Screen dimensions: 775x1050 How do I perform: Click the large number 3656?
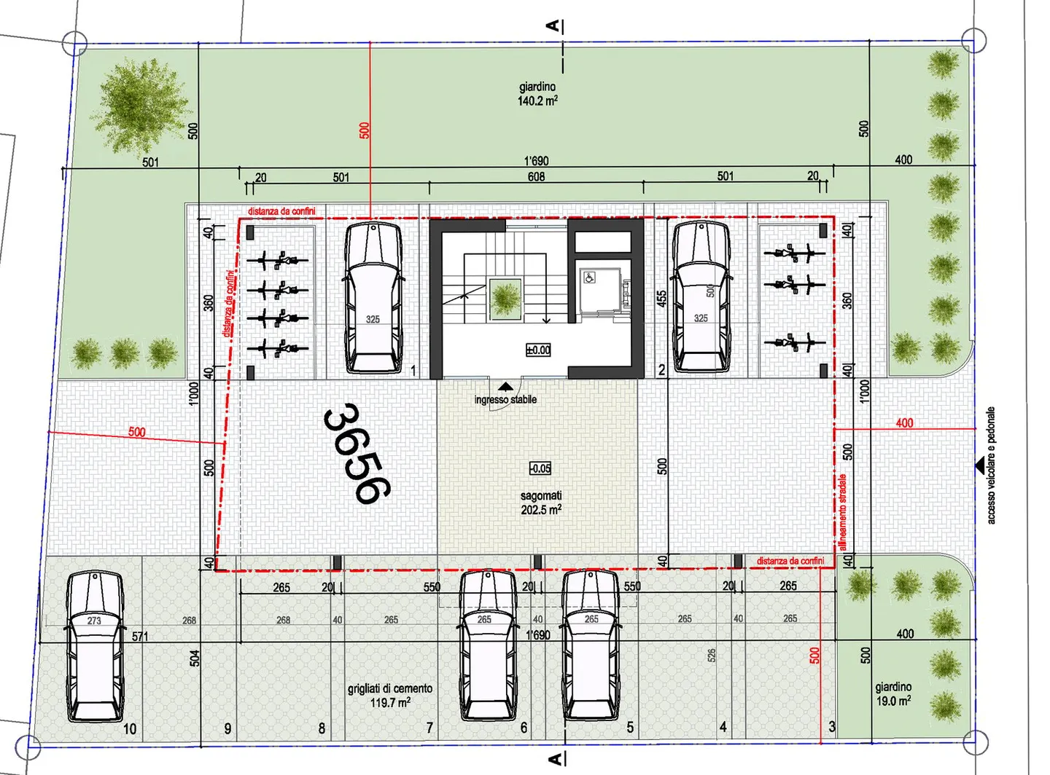pos(357,455)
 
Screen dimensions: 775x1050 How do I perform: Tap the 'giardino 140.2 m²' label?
pos(537,94)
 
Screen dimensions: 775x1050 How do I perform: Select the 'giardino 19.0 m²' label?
pos(893,693)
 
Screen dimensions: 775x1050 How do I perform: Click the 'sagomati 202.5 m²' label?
pos(541,503)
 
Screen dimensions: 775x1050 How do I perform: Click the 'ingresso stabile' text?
pos(505,400)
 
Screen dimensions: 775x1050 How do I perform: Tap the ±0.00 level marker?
pos(538,350)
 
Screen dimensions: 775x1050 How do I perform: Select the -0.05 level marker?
pos(540,468)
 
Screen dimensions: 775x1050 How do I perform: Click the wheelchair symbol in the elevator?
pos(589,277)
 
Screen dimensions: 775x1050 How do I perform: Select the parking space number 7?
pos(429,728)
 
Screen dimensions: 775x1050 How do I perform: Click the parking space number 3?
pos(832,726)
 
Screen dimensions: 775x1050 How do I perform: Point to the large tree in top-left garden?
pos(143,106)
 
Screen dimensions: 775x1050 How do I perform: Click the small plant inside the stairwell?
pos(505,299)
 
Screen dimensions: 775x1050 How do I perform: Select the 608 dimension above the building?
pos(536,176)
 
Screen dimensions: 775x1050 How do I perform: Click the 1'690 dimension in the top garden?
pos(536,161)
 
